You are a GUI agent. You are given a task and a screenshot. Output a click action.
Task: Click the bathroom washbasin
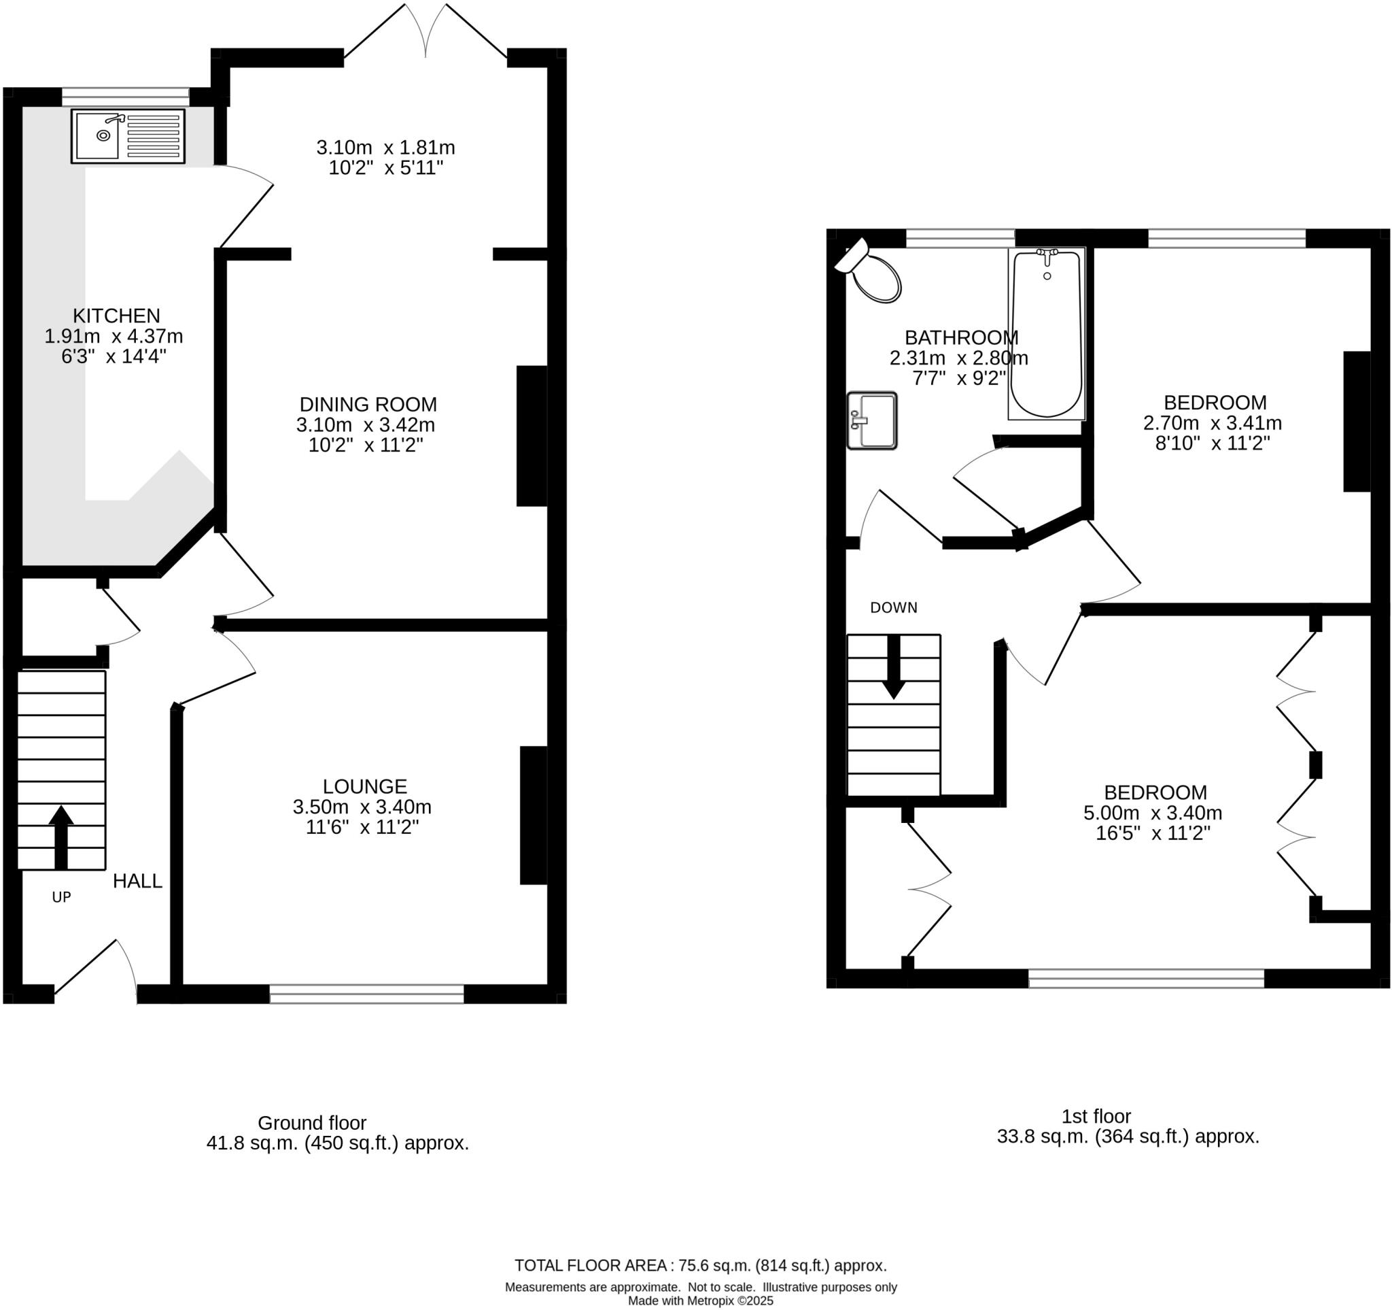coord(872,420)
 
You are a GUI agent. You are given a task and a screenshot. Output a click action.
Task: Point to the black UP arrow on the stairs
coord(61,837)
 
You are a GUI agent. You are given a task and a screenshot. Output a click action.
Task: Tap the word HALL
coord(137,881)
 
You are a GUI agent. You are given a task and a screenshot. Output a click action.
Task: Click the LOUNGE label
coord(365,786)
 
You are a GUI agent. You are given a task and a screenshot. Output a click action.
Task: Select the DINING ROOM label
coord(368,404)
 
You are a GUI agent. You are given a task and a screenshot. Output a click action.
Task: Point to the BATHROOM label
coord(960,337)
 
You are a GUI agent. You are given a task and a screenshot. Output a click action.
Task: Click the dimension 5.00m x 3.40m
coord(1153,813)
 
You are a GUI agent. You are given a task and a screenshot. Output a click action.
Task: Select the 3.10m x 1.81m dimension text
coord(386,148)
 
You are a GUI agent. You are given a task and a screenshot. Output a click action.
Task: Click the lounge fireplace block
coord(533,816)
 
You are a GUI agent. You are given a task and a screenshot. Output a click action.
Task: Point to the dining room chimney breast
coord(532,436)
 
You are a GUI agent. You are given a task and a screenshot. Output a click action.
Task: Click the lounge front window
coord(366,993)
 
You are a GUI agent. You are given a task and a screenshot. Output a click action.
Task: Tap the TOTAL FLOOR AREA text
coord(700,1265)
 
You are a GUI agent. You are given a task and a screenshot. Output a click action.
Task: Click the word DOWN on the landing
coord(894,608)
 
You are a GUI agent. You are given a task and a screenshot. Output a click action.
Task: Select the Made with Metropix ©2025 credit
coord(700,1301)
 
